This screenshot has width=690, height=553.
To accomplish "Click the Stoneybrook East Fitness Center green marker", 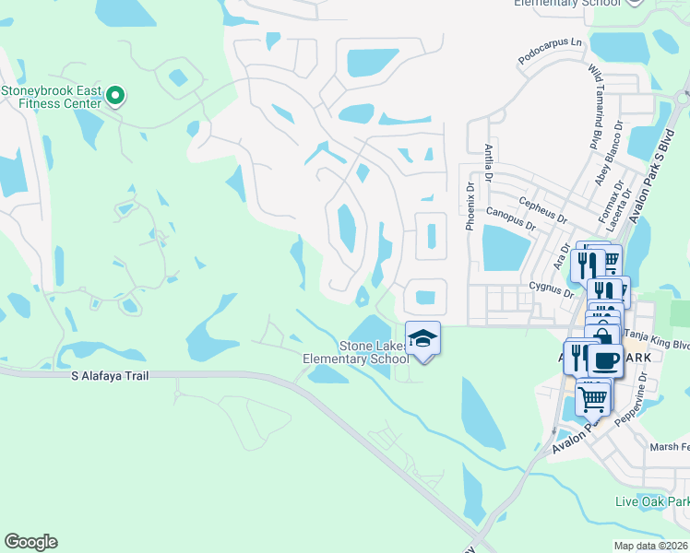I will pyautogui.click(x=115, y=95).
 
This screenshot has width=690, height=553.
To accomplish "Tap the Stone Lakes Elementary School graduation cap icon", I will pyautogui.click(x=422, y=338).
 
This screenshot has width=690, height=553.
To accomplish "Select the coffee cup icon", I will pyautogui.click(x=605, y=359).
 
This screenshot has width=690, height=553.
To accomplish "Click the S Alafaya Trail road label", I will pyautogui.click(x=110, y=376).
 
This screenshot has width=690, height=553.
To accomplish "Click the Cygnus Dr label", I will pyautogui.click(x=551, y=287).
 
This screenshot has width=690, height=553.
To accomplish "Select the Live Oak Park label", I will pyautogui.click(x=652, y=501).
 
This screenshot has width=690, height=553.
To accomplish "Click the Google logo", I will pyautogui.click(x=30, y=542).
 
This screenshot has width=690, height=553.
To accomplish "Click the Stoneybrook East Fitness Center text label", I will pyautogui.click(x=51, y=98).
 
